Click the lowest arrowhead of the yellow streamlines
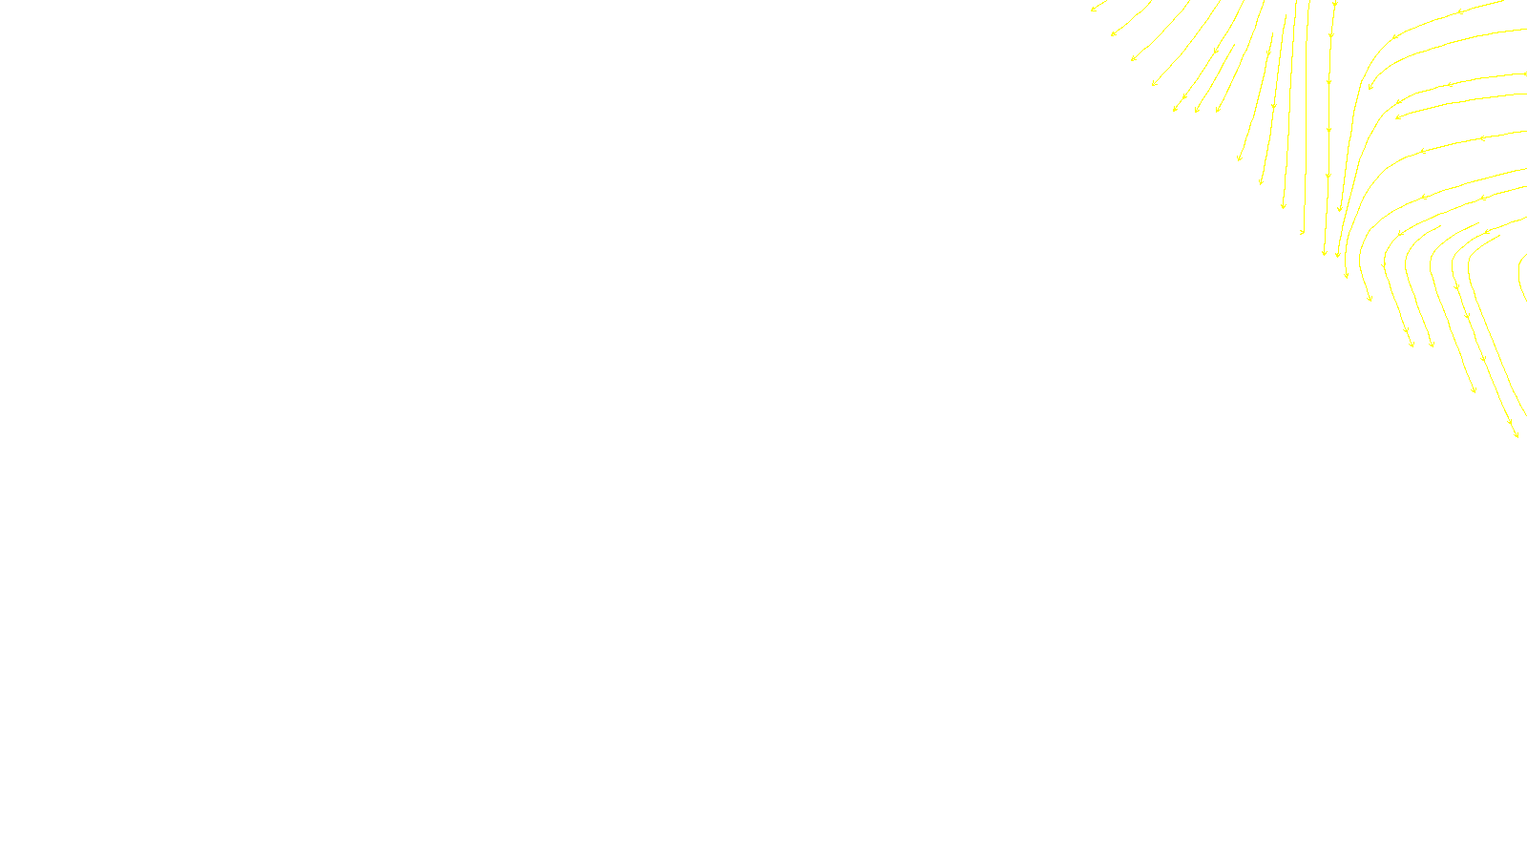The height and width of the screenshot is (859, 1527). [1516, 435]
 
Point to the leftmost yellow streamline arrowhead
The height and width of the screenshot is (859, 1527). [1094, 10]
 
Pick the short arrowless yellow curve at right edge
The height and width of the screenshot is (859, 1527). [1521, 277]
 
